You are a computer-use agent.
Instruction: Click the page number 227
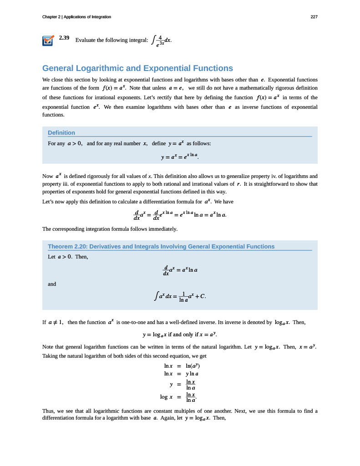[x=314, y=17]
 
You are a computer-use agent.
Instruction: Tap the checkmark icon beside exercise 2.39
[x=48, y=41]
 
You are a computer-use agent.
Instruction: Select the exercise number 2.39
[x=64, y=38]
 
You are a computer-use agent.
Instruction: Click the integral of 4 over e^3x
[x=161, y=41]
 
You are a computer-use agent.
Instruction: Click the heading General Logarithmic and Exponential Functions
[x=137, y=68]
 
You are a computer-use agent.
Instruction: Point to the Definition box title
[x=61, y=132]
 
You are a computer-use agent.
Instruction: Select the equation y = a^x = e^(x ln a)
[x=180, y=157]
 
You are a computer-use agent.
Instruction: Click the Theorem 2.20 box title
[x=161, y=246]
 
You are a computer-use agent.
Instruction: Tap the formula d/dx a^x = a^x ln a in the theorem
[x=180, y=270]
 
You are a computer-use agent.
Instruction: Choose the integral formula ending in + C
[x=180, y=297]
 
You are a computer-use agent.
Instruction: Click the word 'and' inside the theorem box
[x=52, y=284]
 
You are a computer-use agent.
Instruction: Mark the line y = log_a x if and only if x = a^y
[x=180, y=335]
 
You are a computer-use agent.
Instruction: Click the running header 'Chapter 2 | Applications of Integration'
[x=76, y=17]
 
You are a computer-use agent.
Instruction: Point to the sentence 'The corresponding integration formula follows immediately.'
[x=110, y=228]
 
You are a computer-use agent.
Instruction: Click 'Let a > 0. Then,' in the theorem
[x=68, y=257]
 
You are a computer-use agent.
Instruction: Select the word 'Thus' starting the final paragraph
[x=49, y=411]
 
